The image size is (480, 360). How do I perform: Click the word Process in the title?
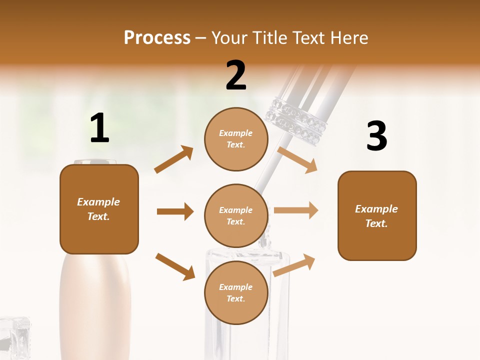[x=157, y=38]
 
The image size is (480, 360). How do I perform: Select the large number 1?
[x=99, y=128]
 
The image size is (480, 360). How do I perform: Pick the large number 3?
[x=376, y=136]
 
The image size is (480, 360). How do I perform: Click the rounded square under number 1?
[x=99, y=209]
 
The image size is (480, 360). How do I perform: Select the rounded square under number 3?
[x=377, y=215]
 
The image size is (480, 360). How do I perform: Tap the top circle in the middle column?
[x=236, y=139]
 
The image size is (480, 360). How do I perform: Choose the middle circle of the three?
[x=236, y=215]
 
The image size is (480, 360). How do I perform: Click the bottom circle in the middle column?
[x=236, y=292]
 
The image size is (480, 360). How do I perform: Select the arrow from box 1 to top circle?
[x=173, y=159]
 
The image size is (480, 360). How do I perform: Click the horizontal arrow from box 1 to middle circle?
[x=175, y=211]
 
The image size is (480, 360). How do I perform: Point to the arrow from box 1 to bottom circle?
[x=175, y=266]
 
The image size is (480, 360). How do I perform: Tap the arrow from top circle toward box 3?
[x=297, y=159]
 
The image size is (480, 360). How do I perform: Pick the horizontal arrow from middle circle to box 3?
[x=296, y=210]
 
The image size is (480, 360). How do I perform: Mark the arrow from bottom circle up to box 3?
[x=294, y=265]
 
